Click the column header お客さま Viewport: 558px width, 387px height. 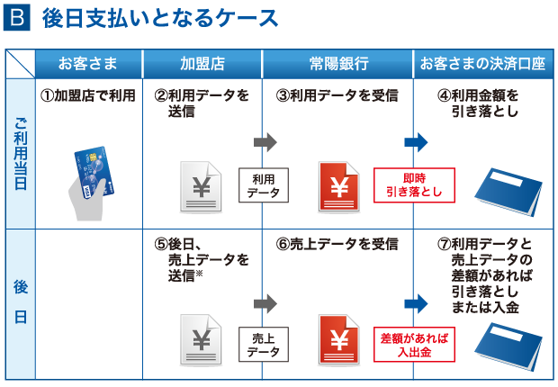(x=87, y=64)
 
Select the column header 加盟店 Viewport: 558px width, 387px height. (x=202, y=64)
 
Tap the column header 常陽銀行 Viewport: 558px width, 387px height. (x=337, y=64)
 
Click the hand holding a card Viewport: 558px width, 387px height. (x=94, y=184)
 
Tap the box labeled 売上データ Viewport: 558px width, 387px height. (x=262, y=345)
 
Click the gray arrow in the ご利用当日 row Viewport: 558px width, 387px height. (x=265, y=142)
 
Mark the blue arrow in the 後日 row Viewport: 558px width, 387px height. (x=415, y=302)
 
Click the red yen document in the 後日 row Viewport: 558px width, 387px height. (x=340, y=343)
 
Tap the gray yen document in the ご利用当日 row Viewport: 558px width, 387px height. (x=201, y=187)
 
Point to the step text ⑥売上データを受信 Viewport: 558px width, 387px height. (x=337, y=245)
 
